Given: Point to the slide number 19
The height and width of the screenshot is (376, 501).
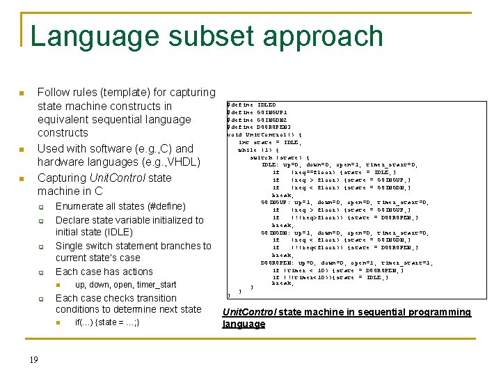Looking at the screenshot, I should pyautogui.click(x=33, y=359).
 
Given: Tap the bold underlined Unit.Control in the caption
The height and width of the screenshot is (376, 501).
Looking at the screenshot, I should pyautogui.click(x=248, y=313).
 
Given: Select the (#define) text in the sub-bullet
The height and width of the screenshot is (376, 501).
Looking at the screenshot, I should pyautogui.click(x=164, y=206).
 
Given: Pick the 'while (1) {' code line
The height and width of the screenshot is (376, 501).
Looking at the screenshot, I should pyautogui.click(x=259, y=150).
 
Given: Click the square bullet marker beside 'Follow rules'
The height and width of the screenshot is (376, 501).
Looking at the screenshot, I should pyautogui.click(x=22, y=93).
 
